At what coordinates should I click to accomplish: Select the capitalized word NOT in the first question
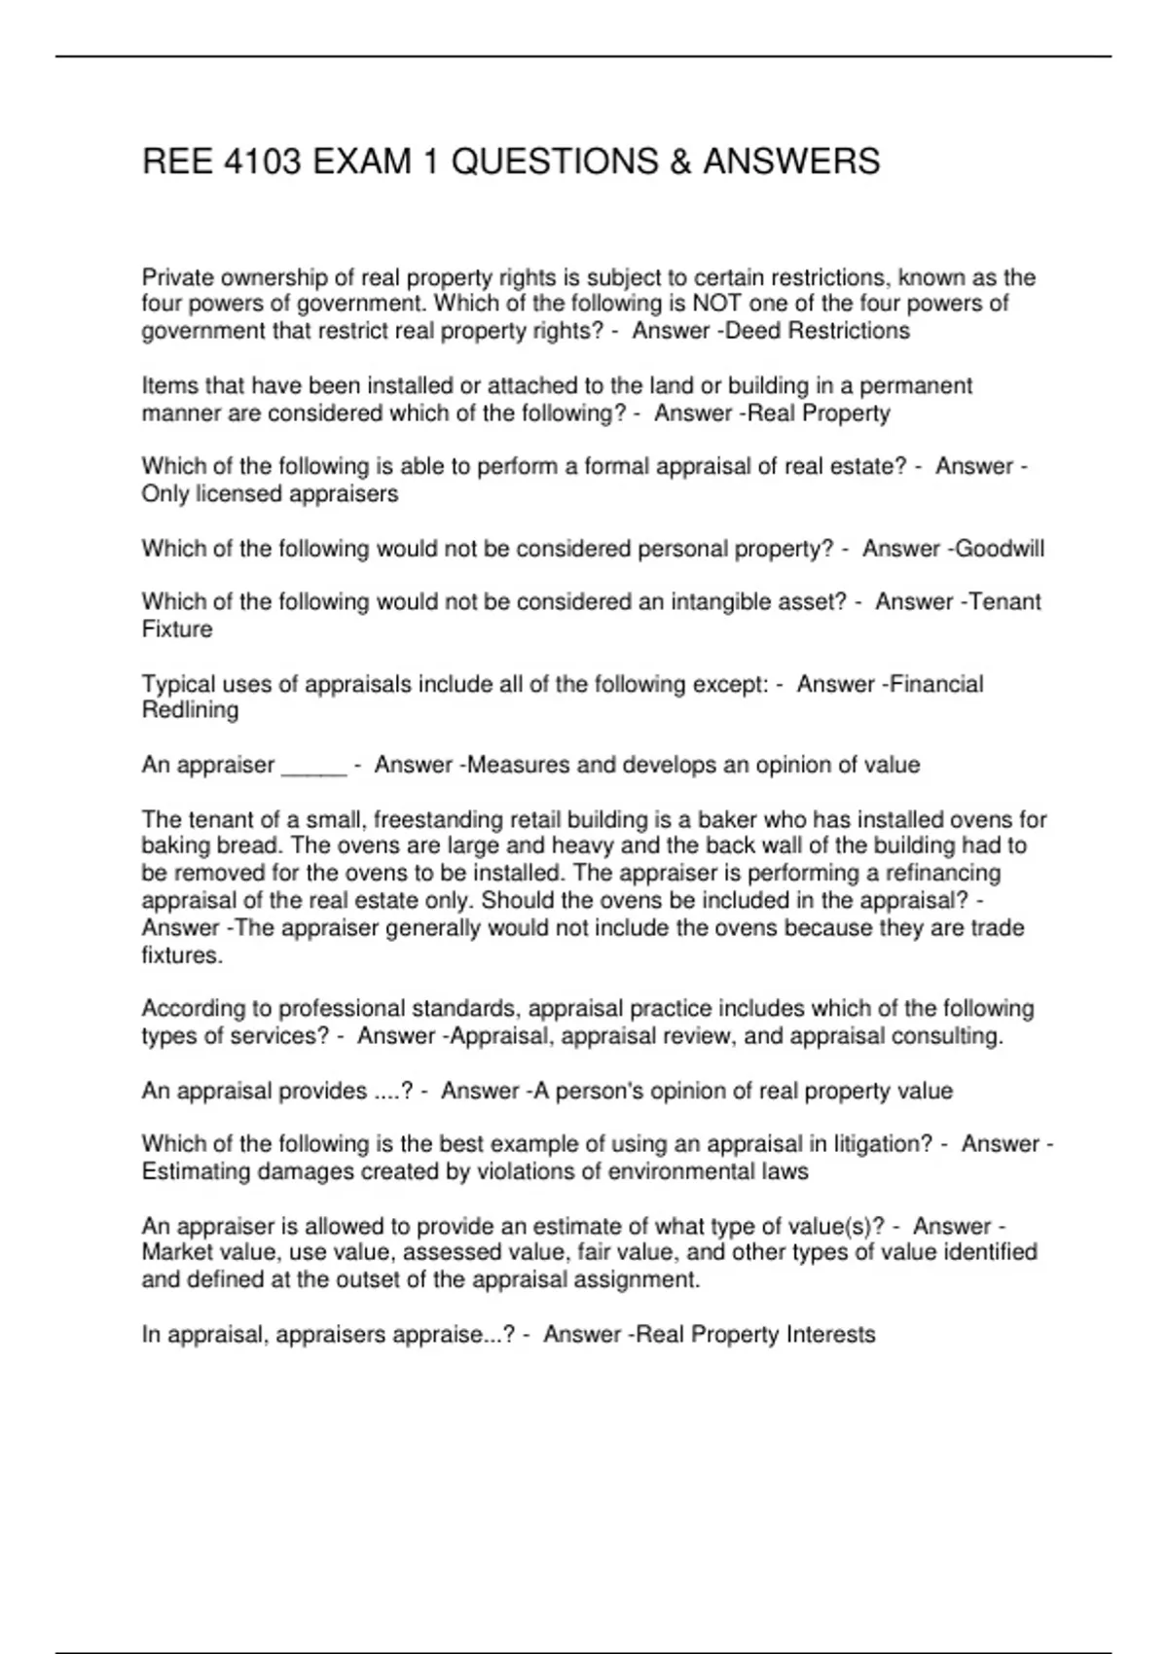(717, 304)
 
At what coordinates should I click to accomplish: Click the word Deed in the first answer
(753, 331)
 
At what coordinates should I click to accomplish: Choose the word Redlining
(190, 710)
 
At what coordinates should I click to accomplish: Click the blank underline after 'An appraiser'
(313, 767)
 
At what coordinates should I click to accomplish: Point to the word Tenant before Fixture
(1004, 602)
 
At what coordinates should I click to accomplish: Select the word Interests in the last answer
(831, 1335)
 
